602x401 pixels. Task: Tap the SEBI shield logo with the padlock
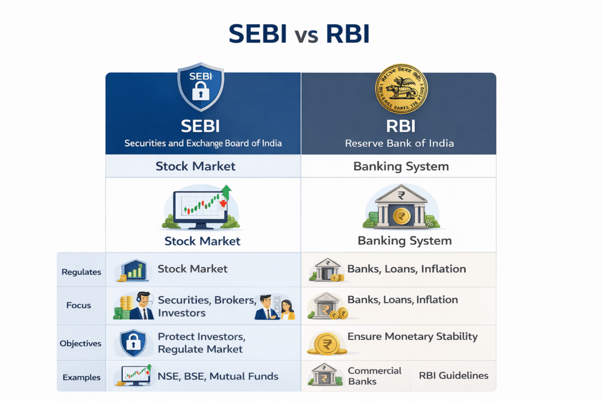point(201,89)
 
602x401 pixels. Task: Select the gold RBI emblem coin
point(402,89)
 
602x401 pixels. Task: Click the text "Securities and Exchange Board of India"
point(203,143)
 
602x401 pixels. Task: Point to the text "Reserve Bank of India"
point(399,143)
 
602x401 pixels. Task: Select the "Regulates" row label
point(82,272)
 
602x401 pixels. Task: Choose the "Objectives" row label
point(81,343)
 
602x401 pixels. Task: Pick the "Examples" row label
point(81,378)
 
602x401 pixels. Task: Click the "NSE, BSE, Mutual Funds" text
point(218,376)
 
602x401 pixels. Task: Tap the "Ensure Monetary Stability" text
point(413,337)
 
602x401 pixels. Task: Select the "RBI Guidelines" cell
point(453,376)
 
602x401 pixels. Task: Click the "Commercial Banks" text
point(374,376)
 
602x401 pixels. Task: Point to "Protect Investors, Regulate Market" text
point(200,343)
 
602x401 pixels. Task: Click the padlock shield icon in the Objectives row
point(133,343)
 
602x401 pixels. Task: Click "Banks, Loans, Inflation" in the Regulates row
point(407,269)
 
